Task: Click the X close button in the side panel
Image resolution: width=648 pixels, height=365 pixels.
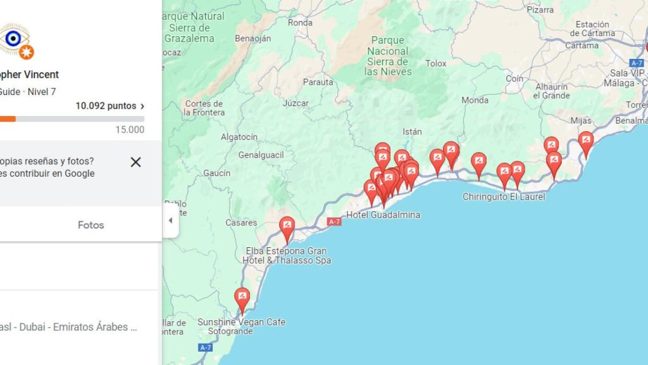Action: click(x=135, y=162)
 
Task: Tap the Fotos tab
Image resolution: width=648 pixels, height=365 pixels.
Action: click(x=90, y=225)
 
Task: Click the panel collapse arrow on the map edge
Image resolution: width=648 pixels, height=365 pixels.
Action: click(x=170, y=221)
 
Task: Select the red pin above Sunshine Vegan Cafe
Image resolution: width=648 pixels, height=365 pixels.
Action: click(x=242, y=298)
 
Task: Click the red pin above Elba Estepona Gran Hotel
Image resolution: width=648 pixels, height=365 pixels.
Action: click(x=287, y=227)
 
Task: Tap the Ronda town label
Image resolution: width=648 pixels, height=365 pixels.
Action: click(x=300, y=23)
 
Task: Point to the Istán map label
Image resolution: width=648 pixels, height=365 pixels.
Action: click(x=412, y=132)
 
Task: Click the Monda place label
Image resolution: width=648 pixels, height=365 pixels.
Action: click(x=475, y=100)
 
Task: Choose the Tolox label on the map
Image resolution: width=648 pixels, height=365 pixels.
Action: click(x=436, y=63)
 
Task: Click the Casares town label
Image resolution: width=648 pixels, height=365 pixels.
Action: click(x=242, y=222)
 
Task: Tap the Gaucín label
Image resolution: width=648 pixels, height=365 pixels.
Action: click(x=217, y=173)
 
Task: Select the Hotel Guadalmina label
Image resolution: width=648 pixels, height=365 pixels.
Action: click(x=383, y=215)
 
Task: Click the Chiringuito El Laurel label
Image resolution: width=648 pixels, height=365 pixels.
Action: click(x=504, y=197)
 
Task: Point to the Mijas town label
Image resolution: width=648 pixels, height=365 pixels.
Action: click(x=580, y=120)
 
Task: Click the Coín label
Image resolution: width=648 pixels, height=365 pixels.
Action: click(x=514, y=79)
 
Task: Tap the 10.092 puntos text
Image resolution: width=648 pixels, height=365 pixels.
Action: click(x=106, y=106)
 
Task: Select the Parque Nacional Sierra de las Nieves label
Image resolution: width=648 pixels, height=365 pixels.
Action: click(x=389, y=56)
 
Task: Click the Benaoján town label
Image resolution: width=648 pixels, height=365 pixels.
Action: click(x=252, y=38)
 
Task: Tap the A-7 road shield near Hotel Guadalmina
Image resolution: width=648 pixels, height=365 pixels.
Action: click(x=334, y=221)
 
